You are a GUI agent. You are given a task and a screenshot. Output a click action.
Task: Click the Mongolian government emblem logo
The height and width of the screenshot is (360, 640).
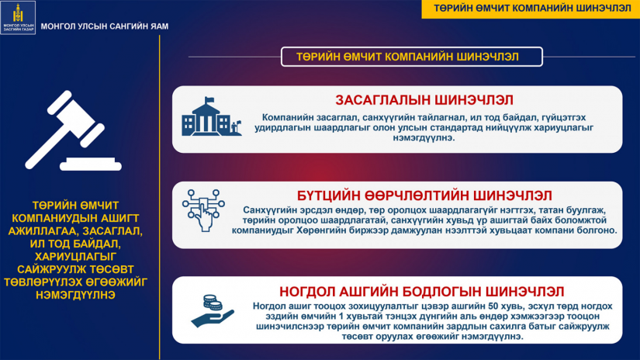18,17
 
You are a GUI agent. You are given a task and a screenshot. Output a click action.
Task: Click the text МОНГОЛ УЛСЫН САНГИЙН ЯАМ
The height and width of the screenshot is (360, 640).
105,26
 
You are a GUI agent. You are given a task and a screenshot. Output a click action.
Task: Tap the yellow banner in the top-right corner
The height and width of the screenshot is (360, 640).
531,9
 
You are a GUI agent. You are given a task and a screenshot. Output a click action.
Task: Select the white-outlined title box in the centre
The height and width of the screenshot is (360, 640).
412,57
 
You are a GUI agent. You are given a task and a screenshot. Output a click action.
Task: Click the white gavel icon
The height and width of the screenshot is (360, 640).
73,130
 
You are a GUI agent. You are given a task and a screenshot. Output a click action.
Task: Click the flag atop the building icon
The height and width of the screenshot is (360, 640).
209,100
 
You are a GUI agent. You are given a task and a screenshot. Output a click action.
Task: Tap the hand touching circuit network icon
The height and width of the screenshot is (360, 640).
203,210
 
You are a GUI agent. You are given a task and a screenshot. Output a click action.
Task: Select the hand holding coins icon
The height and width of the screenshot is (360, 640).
213,311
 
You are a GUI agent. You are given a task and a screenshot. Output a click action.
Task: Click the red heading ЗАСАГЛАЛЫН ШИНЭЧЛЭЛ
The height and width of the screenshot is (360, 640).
424,100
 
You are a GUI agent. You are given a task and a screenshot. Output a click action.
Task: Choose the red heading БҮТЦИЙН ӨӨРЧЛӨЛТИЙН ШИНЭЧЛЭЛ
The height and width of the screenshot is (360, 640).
424,196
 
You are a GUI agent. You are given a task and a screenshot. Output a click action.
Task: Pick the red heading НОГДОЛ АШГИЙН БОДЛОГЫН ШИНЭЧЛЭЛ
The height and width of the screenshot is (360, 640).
422,292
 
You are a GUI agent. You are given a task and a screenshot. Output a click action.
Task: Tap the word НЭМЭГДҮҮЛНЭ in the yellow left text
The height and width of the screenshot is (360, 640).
75,295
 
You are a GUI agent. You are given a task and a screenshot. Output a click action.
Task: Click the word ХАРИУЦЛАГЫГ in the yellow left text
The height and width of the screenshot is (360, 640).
75,257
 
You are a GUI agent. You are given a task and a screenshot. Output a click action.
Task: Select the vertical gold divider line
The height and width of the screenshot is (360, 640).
160,198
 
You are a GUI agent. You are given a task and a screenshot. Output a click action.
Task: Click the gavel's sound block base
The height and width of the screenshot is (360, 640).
91,164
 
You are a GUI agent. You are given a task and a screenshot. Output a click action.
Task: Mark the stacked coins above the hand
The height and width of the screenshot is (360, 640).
213,303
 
